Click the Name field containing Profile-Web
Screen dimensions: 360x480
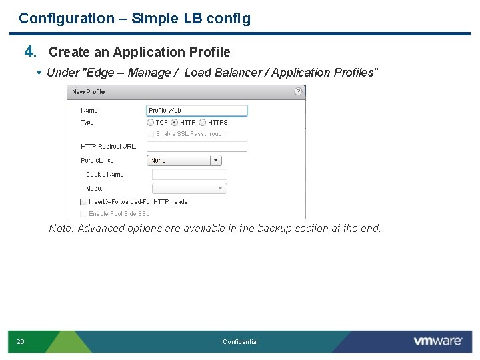click(196, 111)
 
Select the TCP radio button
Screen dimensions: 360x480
click(151, 123)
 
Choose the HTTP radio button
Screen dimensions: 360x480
click(175, 123)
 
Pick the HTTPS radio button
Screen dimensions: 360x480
click(202, 123)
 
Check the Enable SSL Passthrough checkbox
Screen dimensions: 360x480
click(151, 134)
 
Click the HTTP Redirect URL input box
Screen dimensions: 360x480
click(196, 147)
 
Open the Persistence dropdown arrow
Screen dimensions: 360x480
click(215, 160)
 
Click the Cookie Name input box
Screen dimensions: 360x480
click(189, 175)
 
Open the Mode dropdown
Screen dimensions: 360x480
click(189, 189)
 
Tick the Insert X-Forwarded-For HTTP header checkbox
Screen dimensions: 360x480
click(84, 202)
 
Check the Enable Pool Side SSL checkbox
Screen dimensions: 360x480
click(84, 214)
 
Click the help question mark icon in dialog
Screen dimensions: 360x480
click(298, 91)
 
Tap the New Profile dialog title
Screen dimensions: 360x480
click(89, 92)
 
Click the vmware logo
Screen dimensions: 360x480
click(437, 341)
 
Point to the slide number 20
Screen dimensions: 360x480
click(21, 342)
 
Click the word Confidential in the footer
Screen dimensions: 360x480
click(240, 342)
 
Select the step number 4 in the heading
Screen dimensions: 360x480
click(29, 51)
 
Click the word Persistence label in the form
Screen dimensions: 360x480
click(98, 161)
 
